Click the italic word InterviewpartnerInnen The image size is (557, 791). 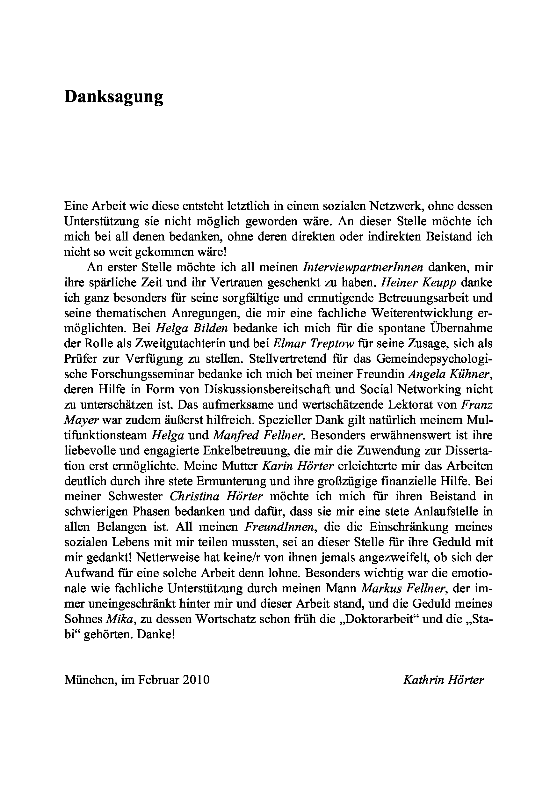(x=363, y=267)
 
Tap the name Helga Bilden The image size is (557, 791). (x=192, y=328)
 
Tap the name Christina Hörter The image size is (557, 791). (x=216, y=496)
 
